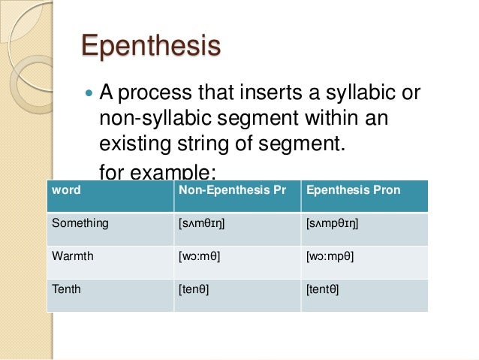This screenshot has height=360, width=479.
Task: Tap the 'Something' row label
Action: click(80, 222)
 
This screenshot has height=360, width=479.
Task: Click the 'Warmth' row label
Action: click(73, 256)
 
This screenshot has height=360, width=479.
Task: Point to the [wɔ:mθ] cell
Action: click(199, 256)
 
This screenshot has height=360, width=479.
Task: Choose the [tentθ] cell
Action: click(323, 288)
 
